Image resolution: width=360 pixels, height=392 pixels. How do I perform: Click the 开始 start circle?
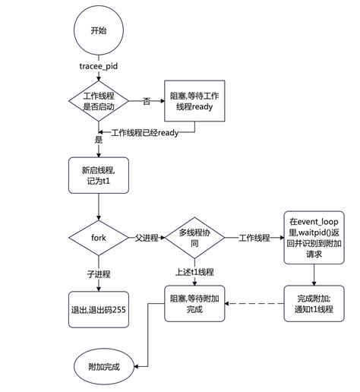pos(99,31)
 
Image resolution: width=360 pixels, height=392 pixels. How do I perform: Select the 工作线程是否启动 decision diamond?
pos(99,101)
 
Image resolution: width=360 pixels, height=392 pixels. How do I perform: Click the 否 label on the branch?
pos(147,101)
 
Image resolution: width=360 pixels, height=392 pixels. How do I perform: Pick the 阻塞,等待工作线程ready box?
pos(194,101)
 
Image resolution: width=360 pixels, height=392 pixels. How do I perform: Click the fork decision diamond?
pos(99,238)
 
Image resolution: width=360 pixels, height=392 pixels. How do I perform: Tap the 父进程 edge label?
pos(147,238)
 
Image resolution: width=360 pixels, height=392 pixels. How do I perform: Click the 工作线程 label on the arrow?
pos(254,238)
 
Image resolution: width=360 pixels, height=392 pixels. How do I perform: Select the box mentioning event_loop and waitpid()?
pos(314,237)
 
